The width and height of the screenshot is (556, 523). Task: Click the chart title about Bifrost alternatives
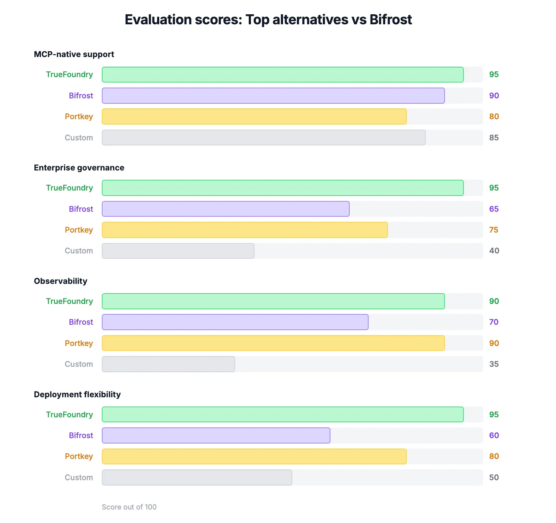pos(268,20)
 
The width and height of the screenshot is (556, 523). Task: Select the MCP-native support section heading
pos(74,54)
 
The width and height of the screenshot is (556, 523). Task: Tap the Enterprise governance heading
pos(79,168)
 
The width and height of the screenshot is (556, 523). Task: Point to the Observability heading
pos(61,281)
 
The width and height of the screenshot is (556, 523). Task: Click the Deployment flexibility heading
pos(77,395)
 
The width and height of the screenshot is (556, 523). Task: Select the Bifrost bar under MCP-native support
pos(273,96)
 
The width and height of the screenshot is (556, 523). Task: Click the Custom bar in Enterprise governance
pos(178,251)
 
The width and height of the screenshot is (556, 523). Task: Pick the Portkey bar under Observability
pos(273,343)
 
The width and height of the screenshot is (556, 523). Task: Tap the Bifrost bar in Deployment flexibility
pos(216,435)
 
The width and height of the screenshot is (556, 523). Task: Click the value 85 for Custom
pos(494,138)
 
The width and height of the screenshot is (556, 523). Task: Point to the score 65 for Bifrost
pos(494,209)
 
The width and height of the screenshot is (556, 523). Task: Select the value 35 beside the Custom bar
pos(494,364)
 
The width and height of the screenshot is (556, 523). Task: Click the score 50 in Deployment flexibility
pos(494,477)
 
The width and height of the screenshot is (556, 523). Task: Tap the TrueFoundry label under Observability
pos(69,301)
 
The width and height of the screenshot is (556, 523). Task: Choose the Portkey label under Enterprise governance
pos(79,230)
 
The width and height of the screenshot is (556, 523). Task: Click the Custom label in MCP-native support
pos(79,138)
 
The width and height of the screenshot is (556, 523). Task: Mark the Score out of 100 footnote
pos(129,507)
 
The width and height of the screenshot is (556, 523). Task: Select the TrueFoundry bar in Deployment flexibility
pos(283,415)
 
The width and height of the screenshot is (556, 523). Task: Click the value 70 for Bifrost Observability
pos(494,322)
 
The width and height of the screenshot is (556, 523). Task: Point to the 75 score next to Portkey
pos(494,230)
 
